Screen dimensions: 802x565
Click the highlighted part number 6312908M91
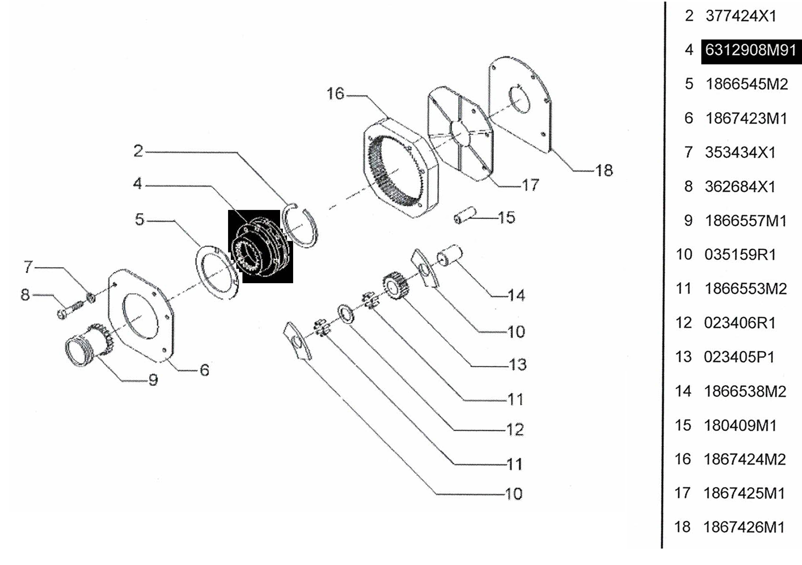point(751,50)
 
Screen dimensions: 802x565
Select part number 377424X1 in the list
point(741,16)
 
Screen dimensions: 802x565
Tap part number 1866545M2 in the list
point(747,84)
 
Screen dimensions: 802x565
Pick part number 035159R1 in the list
point(740,255)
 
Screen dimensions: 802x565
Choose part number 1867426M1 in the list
point(744,527)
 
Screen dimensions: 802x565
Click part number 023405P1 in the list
point(739,357)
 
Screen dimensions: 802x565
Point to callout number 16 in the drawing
point(335,94)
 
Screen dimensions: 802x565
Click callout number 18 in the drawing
point(604,170)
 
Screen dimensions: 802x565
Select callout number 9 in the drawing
point(153,379)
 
